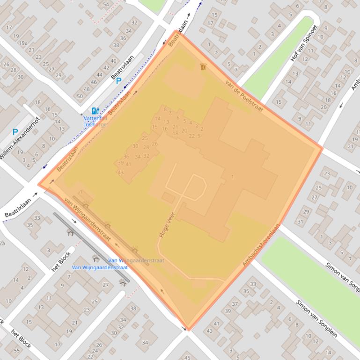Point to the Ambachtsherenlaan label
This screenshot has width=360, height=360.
[x=261, y=245]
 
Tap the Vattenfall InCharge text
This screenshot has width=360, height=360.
[x=95, y=122]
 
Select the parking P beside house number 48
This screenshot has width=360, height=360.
[x=118, y=81]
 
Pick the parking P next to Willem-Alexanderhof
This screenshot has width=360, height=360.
[x=15, y=132]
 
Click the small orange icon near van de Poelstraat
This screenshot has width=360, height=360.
[x=203, y=67]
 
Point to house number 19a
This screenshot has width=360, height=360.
[x=23, y=43]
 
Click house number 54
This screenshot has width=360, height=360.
[x=106, y=5]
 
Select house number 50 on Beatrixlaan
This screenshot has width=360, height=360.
[x=80, y=96]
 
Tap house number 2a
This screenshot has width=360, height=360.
[x=2, y=243]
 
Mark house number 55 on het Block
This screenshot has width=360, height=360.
[x=17, y=350]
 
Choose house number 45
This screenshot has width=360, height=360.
[x=187, y=357]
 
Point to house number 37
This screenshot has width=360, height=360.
[x=235, y=304]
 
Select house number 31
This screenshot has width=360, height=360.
[x=300, y=222]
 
